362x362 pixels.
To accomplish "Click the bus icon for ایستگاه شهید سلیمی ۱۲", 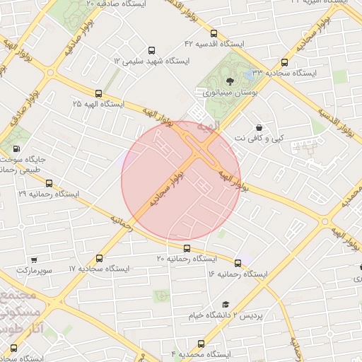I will tap(151, 51).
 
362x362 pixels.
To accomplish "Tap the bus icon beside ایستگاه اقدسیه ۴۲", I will tap(214, 33).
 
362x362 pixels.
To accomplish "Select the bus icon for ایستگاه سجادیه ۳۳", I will tap(285, 62).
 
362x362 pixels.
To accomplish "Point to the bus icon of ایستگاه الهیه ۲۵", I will tap(98, 93).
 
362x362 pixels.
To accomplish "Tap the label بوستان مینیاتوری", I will tap(225, 93).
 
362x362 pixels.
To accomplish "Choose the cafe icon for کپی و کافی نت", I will tap(269, 127).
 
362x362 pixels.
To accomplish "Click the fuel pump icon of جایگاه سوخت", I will tap(16, 149).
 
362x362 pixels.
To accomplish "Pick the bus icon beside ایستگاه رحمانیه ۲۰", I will tap(187, 248).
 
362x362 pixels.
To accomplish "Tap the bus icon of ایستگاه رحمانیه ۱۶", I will tap(237, 263).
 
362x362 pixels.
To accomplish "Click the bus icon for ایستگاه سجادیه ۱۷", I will tap(98, 259).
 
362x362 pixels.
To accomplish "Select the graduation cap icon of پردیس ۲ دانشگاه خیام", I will tap(225, 304).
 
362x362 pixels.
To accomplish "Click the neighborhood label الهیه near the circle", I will tap(209, 125).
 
